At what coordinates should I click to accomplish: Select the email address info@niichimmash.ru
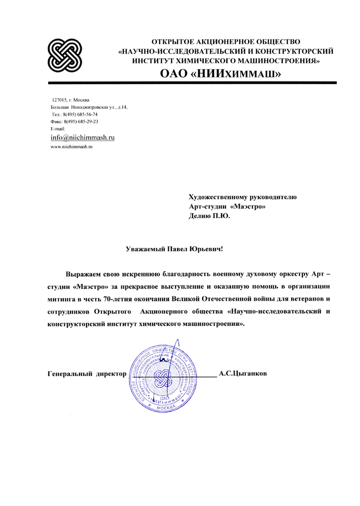(x=83, y=137)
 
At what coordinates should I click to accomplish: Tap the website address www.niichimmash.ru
(x=72, y=147)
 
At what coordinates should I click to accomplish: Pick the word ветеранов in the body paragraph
(x=297, y=300)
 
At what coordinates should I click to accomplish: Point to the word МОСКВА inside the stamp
(x=165, y=407)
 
